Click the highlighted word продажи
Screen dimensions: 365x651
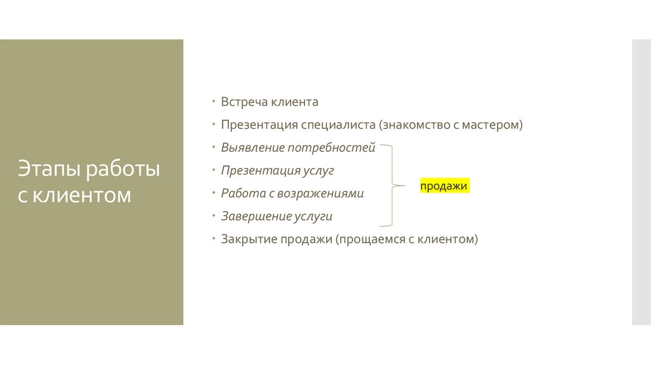444,186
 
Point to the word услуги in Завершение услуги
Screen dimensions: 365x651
313,217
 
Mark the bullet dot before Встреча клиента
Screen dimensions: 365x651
214,102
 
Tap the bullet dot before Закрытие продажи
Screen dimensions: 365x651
214,240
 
